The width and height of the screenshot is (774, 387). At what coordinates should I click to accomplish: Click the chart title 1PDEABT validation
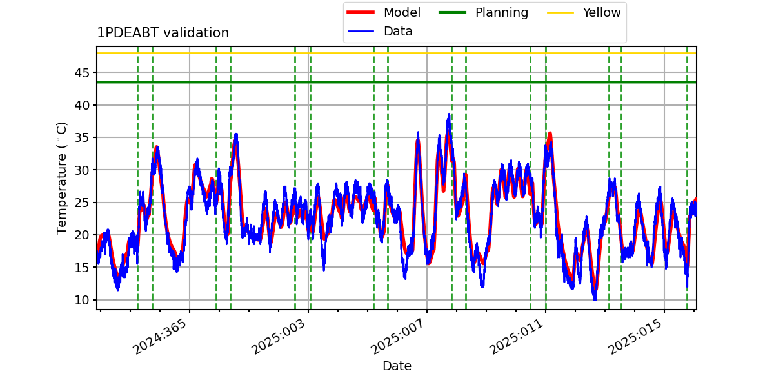point(163,33)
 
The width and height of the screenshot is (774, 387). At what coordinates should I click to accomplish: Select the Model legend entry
point(384,12)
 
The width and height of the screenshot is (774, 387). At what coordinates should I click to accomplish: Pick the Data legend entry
point(380,32)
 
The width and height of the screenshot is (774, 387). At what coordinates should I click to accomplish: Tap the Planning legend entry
point(483,12)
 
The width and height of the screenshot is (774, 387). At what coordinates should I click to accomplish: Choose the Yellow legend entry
point(584,12)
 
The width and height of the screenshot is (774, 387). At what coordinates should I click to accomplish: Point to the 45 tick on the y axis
point(82,73)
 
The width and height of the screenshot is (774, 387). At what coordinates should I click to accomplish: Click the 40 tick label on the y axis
point(82,105)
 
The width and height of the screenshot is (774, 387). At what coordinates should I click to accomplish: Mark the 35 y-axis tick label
point(82,138)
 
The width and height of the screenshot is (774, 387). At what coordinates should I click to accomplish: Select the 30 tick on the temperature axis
point(82,170)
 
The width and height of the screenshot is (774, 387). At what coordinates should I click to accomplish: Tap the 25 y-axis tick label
point(82,203)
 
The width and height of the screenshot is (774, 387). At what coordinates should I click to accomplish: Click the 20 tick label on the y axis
point(82,235)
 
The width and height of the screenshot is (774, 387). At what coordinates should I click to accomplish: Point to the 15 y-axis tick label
point(82,268)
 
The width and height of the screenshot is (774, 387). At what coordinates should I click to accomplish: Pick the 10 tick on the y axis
point(82,301)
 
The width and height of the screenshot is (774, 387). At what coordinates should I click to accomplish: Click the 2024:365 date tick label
point(160,337)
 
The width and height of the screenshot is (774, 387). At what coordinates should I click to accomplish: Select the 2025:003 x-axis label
point(279,337)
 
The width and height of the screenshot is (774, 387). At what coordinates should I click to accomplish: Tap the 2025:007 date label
point(397,337)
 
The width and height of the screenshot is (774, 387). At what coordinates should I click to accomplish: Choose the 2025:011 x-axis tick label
point(516,337)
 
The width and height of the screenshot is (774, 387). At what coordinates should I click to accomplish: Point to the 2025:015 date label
point(635,337)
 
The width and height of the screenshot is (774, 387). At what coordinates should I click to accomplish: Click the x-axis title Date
point(397,366)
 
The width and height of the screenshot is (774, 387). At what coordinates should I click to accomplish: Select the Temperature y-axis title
point(61,178)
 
